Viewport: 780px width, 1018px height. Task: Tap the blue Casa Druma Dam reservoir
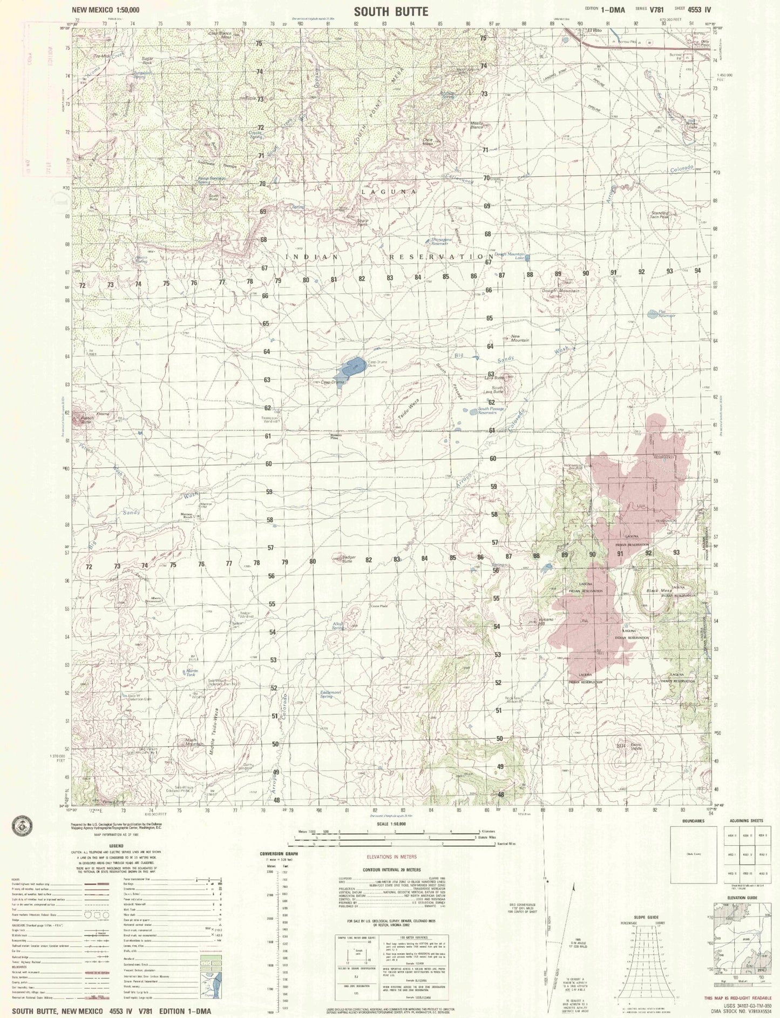[x=348, y=369]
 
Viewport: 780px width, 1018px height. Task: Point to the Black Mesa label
[x=659, y=591]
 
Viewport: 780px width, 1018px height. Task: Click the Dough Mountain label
[x=561, y=291]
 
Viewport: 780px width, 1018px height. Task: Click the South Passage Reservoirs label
[x=491, y=410]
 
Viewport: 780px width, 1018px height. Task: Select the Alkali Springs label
[x=339, y=626]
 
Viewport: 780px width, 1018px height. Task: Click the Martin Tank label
[x=192, y=672]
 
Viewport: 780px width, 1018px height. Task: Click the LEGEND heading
[x=116, y=846]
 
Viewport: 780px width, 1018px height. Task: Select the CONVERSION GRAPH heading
[x=279, y=854]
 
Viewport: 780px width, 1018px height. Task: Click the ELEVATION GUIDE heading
[x=742, y=897]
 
